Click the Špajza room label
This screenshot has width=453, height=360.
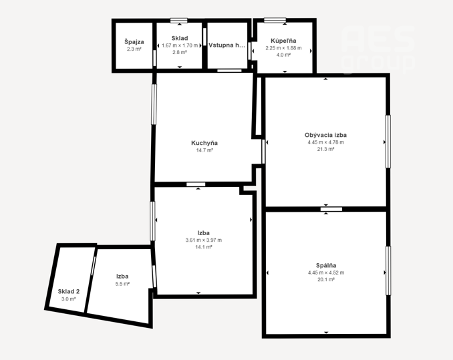134,42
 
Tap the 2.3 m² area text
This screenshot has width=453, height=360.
134,49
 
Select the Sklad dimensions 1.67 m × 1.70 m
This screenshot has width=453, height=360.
180,45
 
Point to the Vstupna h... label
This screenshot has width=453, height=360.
226,45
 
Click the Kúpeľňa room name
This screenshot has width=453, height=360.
283,41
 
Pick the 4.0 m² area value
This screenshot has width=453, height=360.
283,55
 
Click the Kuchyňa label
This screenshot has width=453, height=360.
204,143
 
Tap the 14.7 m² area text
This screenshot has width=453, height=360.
204,150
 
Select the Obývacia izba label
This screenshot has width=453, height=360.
325,135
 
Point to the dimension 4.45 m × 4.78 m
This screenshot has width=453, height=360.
325,142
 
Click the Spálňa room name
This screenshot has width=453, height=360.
326,265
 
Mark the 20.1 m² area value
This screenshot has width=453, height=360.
326,279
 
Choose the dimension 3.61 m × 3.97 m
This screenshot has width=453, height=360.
204,240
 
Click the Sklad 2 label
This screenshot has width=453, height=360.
68,292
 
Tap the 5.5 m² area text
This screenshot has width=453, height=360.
122,284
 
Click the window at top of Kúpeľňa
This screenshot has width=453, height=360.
275,20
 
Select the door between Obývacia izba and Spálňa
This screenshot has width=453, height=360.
331,209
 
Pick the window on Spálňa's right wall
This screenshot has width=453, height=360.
388,271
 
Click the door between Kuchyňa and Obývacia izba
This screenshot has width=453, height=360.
263,151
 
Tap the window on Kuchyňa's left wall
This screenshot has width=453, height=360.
154,104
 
